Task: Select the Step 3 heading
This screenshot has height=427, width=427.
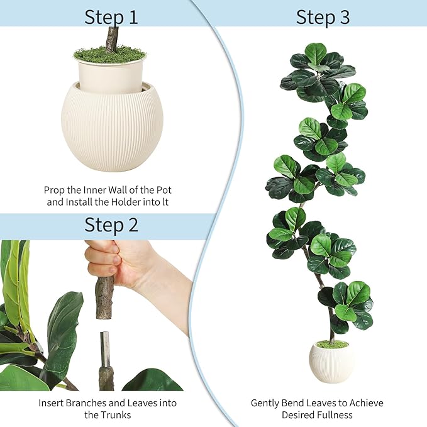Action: (323, 17)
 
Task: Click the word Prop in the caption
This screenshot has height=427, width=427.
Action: (55, 189)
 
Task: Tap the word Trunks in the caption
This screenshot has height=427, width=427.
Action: (116, 414)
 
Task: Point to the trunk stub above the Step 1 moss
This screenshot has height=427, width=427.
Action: (112, 38)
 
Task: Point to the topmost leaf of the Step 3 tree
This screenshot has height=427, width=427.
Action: (316, 53)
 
